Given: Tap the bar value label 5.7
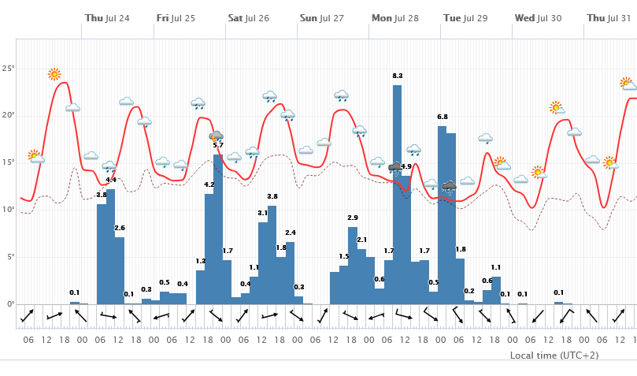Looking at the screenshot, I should [218, 145].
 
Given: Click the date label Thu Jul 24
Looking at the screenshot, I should [107, 17].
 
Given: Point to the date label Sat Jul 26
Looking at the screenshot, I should [249, 17].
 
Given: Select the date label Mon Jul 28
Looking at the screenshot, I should [395, 17].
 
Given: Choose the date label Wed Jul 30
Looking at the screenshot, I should [538, 17].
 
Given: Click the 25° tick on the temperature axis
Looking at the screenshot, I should [9, 69].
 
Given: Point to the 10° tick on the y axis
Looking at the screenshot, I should [9, 210].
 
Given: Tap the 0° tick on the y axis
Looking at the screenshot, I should [10, 304].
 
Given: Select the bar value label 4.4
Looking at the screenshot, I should [111, 181].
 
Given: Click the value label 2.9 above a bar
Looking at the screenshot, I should [353, 218].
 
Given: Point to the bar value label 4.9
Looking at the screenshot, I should [406, 166].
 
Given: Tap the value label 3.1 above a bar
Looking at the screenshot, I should [263, 213].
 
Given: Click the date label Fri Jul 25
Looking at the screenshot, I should [176, 17].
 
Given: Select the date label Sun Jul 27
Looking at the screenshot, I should [322, 17].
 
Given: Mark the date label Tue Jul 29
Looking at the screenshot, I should [465, 17].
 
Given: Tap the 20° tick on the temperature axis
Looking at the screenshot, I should [9, 115].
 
